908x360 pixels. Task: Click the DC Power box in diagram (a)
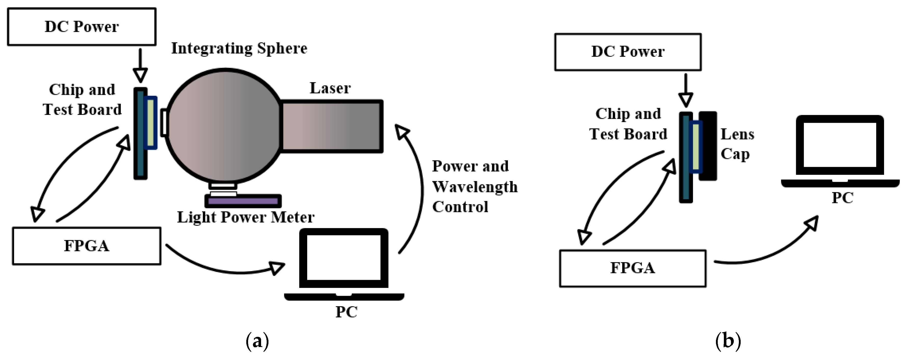(82, 27)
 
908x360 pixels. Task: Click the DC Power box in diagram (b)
(628, 52)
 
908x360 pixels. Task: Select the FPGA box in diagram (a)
(86, 246)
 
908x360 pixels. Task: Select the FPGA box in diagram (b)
(632, 268)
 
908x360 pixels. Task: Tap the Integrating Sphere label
(239, 48)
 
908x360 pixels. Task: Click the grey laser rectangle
(331, 126)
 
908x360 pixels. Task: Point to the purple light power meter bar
(243, 201)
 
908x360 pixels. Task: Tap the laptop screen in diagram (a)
(343, 257)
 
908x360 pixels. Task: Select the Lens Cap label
(737, 144)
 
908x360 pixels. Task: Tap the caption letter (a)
(257, 341)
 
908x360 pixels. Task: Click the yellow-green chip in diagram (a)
(151, 122)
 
